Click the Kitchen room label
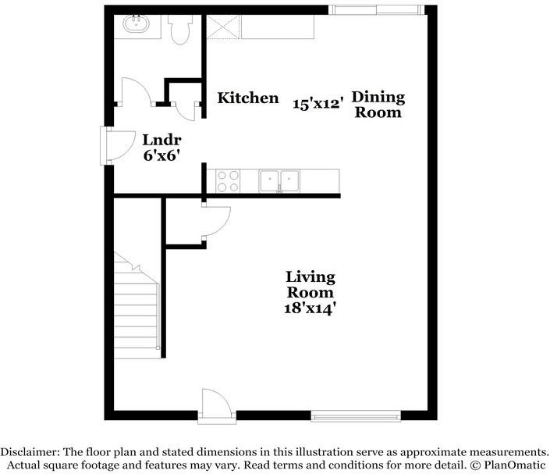pyautogui.click(x=248, y=98)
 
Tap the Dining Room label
pyautogui.click(x=378, y=105)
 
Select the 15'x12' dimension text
pyautogui.click(x=318, y=104)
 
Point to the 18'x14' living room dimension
pyautogui.click(x=310, y=308)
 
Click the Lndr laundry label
pyautogui.click(x=161, y=140)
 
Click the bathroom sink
pyautogui.click(x=136, y=24)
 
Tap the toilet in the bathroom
pyautogui.click(x=180, y=30)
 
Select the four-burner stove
pyautogui.click(x=228, y=181)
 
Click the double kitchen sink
pyautogui.click(x=279, y=181)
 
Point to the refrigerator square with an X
pyautogui.click(x=223, y=27)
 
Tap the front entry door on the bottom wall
pyautogui.click(x=217, y=404)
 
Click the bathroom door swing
pyautogui.click(x=136, y=91)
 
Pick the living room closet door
pyautogui.click(x=216, y=222)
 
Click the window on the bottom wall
pyautogui.click(x=356, y=416)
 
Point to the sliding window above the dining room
pyautogui.click(x=376, y=10)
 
